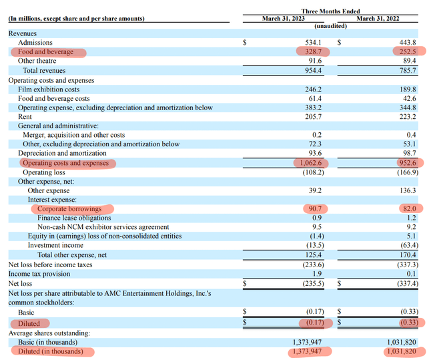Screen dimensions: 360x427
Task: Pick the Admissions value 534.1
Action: pyautogui.click(x=313, y=42)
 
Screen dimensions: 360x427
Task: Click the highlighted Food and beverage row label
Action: pyautogui.click(x=46, y=51)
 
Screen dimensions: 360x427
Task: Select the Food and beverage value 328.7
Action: pyautogui.click(x=313, y=51)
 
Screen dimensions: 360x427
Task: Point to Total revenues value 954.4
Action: pyautogui.click(x=313, y=70)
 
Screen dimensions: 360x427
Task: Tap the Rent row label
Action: pyautogui.click(x=26, y=117)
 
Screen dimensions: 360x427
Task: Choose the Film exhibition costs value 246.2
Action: pyautogui.click(x=313, y=89)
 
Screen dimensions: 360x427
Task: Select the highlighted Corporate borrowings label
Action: pyautogui.click(x=69, y=209)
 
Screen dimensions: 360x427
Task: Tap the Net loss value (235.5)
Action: pyautogui.click(x=310, y=283)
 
